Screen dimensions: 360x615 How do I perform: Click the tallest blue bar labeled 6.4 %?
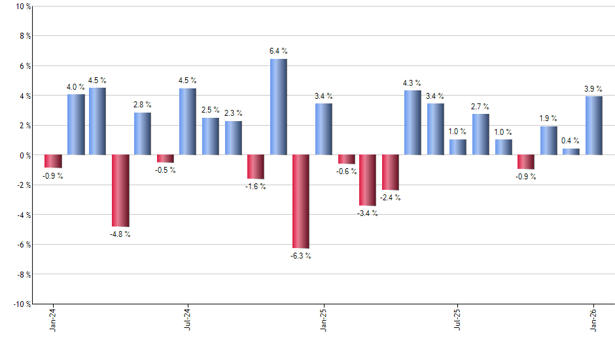(x=278, y=107)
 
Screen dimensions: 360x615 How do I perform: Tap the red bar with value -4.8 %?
(x=120, y=190)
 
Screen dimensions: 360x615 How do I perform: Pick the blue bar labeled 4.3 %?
(x=413, y=123)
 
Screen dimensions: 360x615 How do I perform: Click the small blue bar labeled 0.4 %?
(x=571, y=152)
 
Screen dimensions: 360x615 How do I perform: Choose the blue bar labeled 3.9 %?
(x=593, y=126)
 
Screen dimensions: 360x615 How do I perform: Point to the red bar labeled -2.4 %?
(x=391, y=173)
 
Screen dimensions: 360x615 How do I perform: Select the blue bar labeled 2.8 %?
(x=143, y=134)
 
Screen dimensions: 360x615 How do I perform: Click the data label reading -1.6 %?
(x=256, y=187)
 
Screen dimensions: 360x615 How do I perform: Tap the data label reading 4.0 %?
(x=75, y=87)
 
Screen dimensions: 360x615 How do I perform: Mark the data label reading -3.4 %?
(x=368, y=213)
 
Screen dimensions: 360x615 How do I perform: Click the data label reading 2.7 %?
(x=480, y=106)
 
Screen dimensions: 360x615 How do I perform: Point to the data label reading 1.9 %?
(x=548, y=118)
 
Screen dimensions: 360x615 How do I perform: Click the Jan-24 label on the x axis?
(x=52, y=320)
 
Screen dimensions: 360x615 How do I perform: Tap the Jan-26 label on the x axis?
(x=593, y=320)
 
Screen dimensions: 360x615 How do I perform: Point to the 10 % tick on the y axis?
(x=22, y=7)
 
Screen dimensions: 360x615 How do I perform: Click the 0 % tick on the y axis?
(x=24, y=155)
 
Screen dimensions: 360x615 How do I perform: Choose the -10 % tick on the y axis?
(x=21, y=304)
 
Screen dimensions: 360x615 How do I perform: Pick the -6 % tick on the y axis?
(x=23, y=245)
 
